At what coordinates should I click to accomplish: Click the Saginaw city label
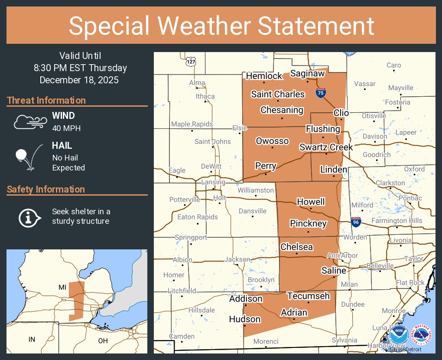[x=307, y=74]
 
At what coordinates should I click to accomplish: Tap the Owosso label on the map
[x=272, y=141]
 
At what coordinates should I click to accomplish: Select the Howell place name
[x=311, y=202]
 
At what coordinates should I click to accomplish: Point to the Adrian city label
[x=294, y=313]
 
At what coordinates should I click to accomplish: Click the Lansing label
[x=213, y=183]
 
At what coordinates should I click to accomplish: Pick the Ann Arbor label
[x=342, y=255]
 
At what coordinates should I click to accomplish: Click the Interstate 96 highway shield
[x=355, y=222]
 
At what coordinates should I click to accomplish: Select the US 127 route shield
[x=191, y=61]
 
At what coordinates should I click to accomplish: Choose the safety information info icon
[x=29, y=217]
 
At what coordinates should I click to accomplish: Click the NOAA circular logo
[x=399, y=336]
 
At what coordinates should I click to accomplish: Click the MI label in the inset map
[x=62, y=288]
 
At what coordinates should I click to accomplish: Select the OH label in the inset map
[x=103, y=340]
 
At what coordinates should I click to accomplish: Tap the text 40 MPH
[x=66, y=128]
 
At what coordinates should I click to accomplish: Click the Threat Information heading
[x=46, y=101]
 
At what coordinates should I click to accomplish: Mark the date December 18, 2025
[x=79, y=80]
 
